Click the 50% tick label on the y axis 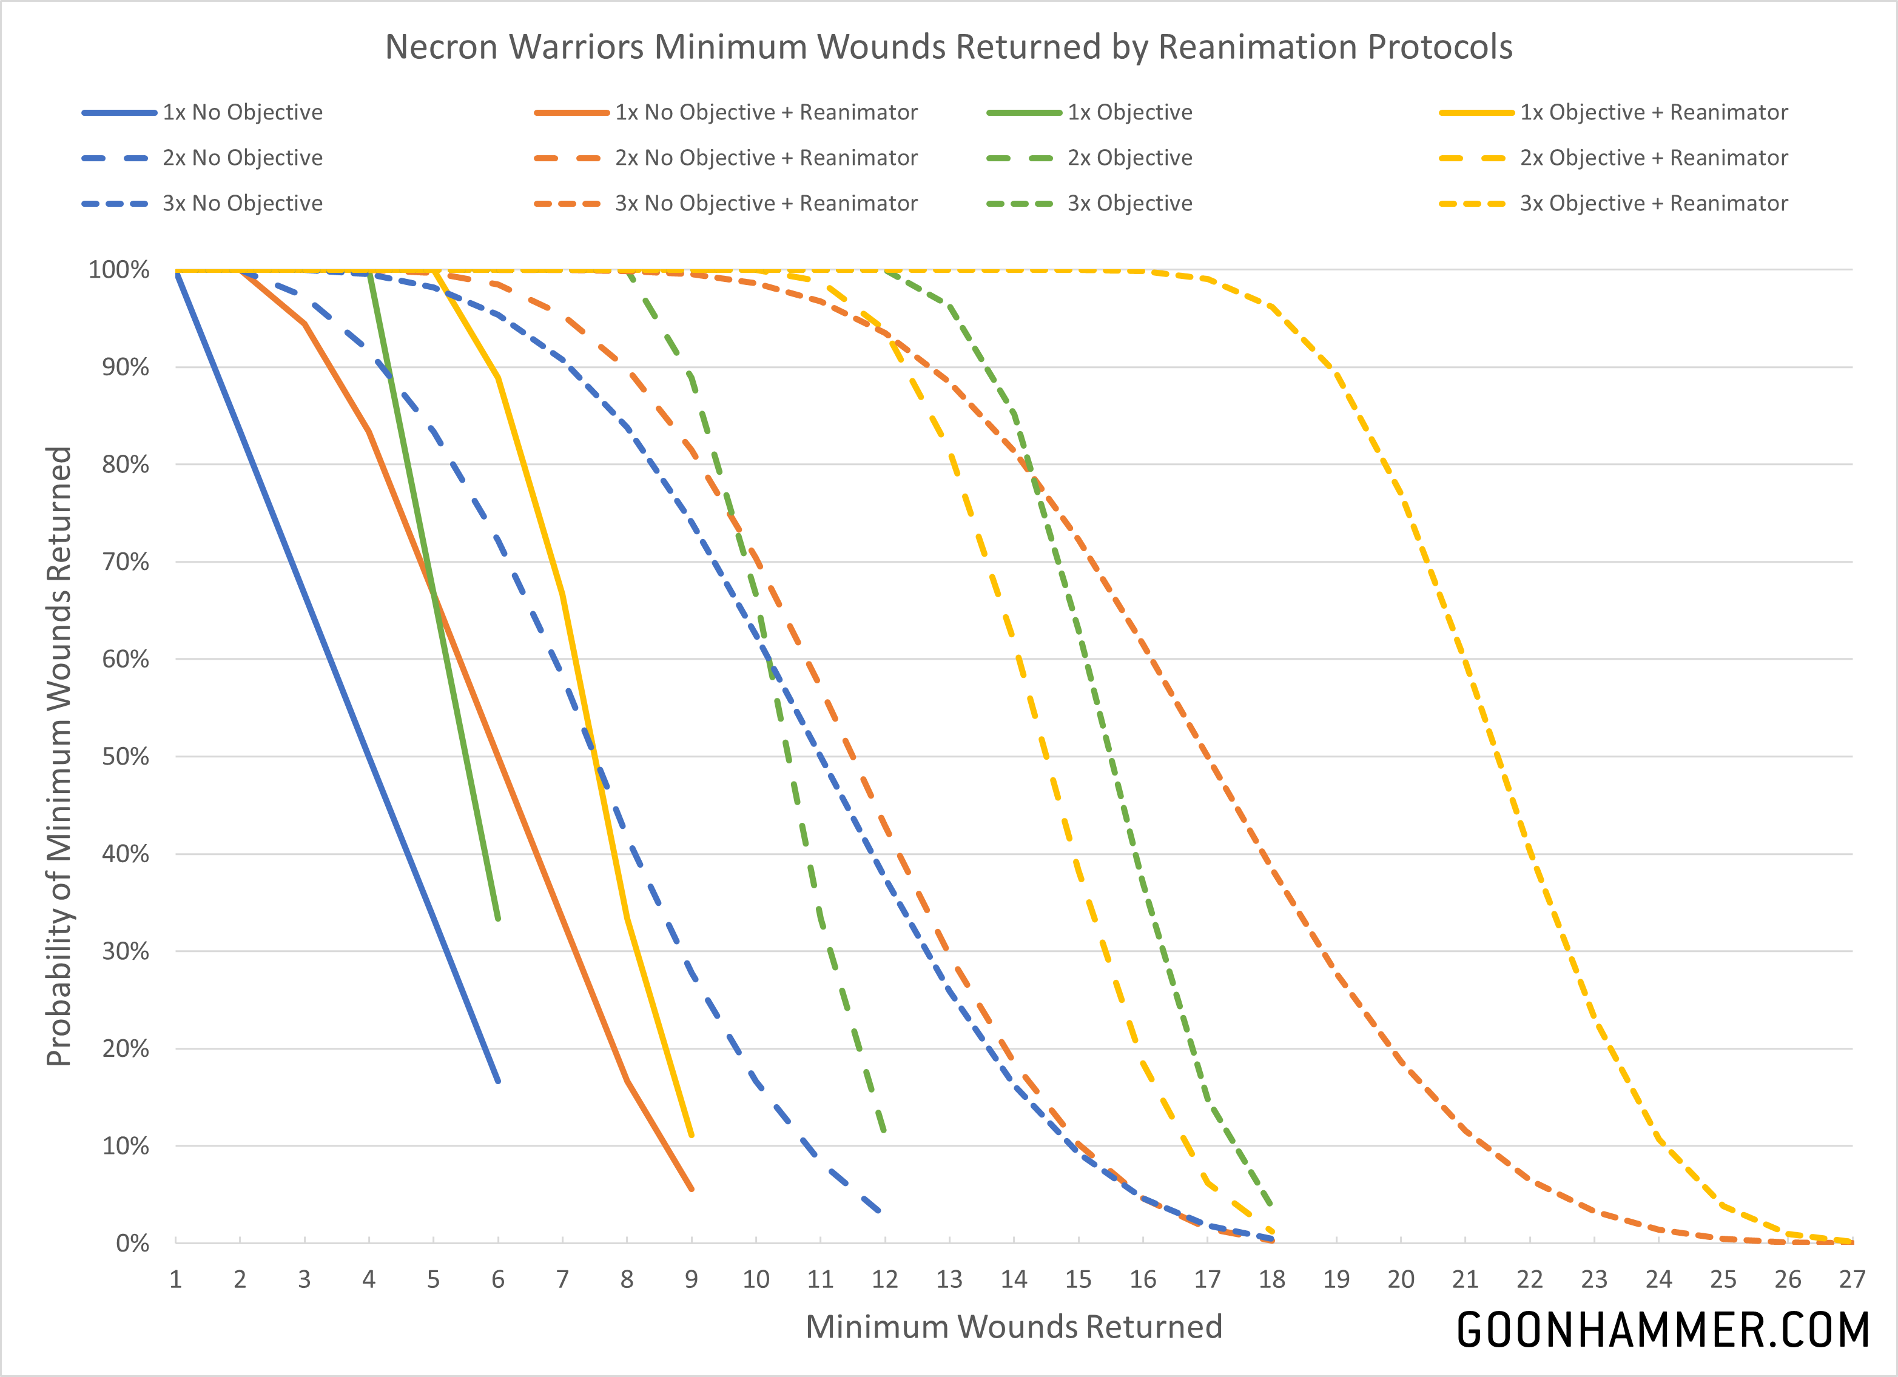click(126, 756)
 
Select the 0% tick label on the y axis click(132, 1243)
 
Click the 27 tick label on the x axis click(1852, 1279)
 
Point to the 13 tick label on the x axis click(949, 1279)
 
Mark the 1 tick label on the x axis click(176, 1279)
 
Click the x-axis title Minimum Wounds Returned click(1014, 1327)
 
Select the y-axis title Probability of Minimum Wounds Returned click(59, 756)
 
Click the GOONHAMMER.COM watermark click(1662, 1330)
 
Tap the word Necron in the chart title click(442, 47)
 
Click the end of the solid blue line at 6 click(498, 1081)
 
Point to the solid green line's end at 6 click(498, 919)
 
